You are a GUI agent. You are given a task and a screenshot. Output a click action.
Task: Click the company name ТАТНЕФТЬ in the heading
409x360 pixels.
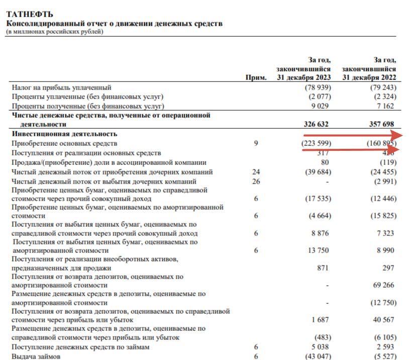(x=29, y=15)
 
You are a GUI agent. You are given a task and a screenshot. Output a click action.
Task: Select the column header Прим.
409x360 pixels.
(x=256, y=78)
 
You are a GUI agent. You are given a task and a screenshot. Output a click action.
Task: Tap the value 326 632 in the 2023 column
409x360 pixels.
(x=318, y=124)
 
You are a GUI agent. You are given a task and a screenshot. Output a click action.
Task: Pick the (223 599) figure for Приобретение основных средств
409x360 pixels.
(x=317, y=143)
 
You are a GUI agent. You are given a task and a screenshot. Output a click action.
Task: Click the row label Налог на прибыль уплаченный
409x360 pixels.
(x=61, y=87)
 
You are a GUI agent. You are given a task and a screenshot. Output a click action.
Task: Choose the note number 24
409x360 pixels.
(x=256, y=172)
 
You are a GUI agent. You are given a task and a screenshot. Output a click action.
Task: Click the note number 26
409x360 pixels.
(x=256, y=181)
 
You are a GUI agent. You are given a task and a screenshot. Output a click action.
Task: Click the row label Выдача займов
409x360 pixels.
(x=36, y=356)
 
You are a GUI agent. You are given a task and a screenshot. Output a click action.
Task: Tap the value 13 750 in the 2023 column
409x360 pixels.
(x=320, y=250)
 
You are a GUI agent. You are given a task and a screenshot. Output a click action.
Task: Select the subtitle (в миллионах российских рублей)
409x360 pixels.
(x=54, y=32)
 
